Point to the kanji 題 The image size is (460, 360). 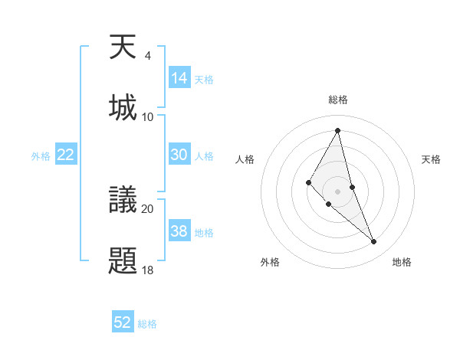(123, 259)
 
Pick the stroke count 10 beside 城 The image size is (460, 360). (148, 116)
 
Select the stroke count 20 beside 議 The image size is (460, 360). (148, 208)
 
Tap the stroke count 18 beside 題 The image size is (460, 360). (148, 270)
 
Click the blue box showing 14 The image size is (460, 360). (179, 77)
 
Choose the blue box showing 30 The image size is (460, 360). (179, 155)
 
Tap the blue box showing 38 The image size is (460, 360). (179, 231)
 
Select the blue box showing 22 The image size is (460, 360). (66, 155)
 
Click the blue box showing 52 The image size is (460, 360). (123, 322)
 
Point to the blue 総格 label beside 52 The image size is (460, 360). (147, 324)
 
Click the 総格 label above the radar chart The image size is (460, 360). (337, 100)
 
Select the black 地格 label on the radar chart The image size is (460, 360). (402, 262)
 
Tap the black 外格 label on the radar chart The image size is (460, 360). (270, 262)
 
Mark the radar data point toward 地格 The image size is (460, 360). (374, 242)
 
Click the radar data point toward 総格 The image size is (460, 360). (337, 130)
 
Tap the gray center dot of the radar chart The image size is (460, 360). (337, 191)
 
